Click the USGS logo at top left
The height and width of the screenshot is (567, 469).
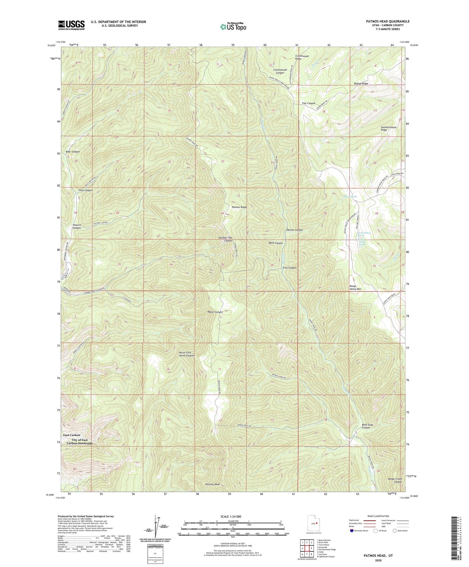(x=71, y=25)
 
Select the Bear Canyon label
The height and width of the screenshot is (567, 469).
(x=73, y=152)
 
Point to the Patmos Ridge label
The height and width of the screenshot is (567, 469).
(x=239, y=207)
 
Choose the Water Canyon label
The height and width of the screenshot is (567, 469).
(x=215, y=312)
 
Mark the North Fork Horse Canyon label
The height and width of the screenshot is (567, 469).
(x=186, y=354)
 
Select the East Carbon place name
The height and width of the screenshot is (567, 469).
(x=72, y=435)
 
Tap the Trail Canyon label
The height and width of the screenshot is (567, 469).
(x=290, y=268)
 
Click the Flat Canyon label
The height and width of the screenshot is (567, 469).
(x=309, y=103)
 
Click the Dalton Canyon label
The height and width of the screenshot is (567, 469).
(x=295, y=230)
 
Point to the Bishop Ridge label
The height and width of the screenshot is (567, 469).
(x=361, y=84)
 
